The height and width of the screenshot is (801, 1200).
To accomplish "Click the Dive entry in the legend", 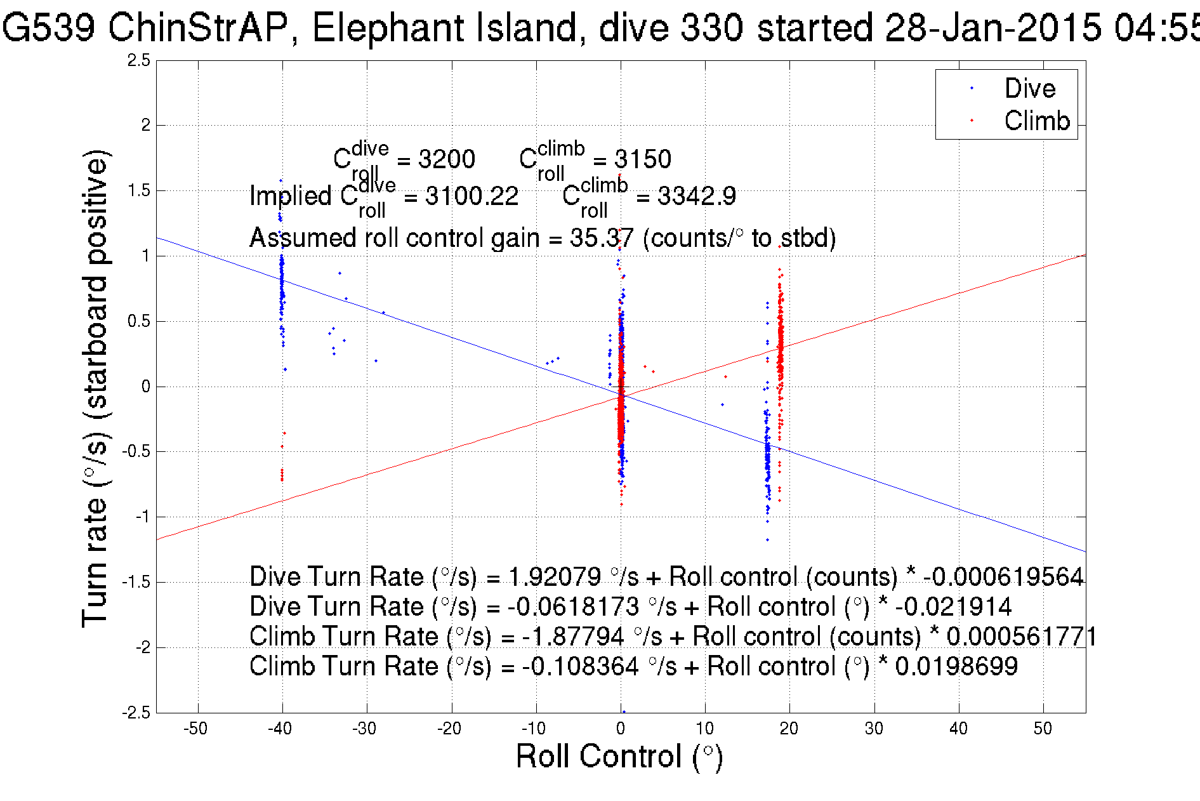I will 1029,88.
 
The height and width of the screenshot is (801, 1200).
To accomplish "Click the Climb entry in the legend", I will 1036,121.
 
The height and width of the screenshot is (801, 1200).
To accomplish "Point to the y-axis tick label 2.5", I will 139,60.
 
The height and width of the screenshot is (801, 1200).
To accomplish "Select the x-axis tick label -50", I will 195,729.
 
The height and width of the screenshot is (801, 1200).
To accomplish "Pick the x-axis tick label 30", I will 874,729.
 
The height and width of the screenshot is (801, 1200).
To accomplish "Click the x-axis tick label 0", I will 621,729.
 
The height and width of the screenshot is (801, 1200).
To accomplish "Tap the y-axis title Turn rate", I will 95,387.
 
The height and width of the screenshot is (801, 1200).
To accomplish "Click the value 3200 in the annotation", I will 447,159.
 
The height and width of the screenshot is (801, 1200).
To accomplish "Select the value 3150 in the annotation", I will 643,159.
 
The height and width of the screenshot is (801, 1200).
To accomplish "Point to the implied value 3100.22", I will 471,196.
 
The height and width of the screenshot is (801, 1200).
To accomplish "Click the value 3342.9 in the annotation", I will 696,196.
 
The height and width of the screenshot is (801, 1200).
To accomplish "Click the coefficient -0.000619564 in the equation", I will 1003,577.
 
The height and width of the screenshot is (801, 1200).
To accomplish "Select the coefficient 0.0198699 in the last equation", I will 956,666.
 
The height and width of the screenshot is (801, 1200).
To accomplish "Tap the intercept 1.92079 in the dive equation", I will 555,577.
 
